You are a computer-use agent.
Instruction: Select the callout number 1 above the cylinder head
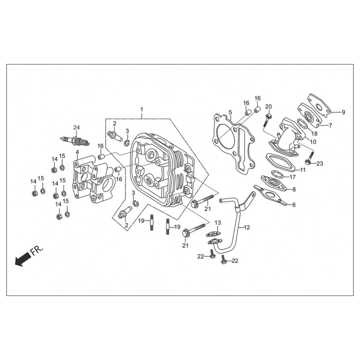tap(141, 109)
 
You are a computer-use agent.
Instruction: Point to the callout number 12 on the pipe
tap(247, 227)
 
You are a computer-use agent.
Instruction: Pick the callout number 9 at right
tap(343, 112)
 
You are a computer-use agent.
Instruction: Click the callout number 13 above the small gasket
tap(218, 222)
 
